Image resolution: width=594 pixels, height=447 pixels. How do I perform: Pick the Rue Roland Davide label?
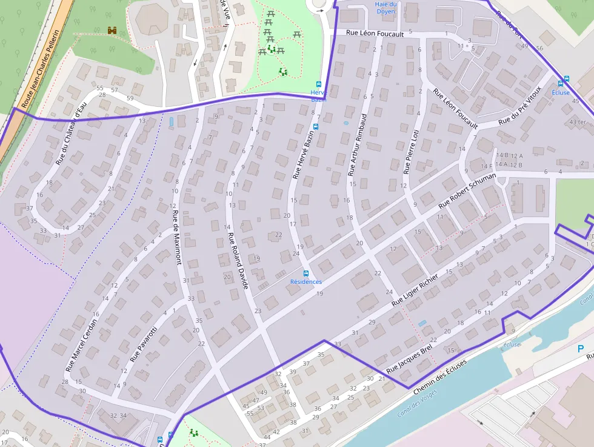(238, 259)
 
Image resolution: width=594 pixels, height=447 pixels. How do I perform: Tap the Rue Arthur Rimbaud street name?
(357, 145)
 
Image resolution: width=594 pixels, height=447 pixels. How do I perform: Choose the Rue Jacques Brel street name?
(409, 362)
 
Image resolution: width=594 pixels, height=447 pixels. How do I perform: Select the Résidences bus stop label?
(306, 282)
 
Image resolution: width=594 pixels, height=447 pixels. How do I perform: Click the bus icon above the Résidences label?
(306, 274)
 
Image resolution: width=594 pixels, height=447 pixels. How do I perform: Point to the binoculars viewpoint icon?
(112, 30)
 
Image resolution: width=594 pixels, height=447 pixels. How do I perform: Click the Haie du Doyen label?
(385, 8)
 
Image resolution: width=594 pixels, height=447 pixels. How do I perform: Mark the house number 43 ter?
(578, 122)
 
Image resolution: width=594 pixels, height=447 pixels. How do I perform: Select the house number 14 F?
(486, 166)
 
